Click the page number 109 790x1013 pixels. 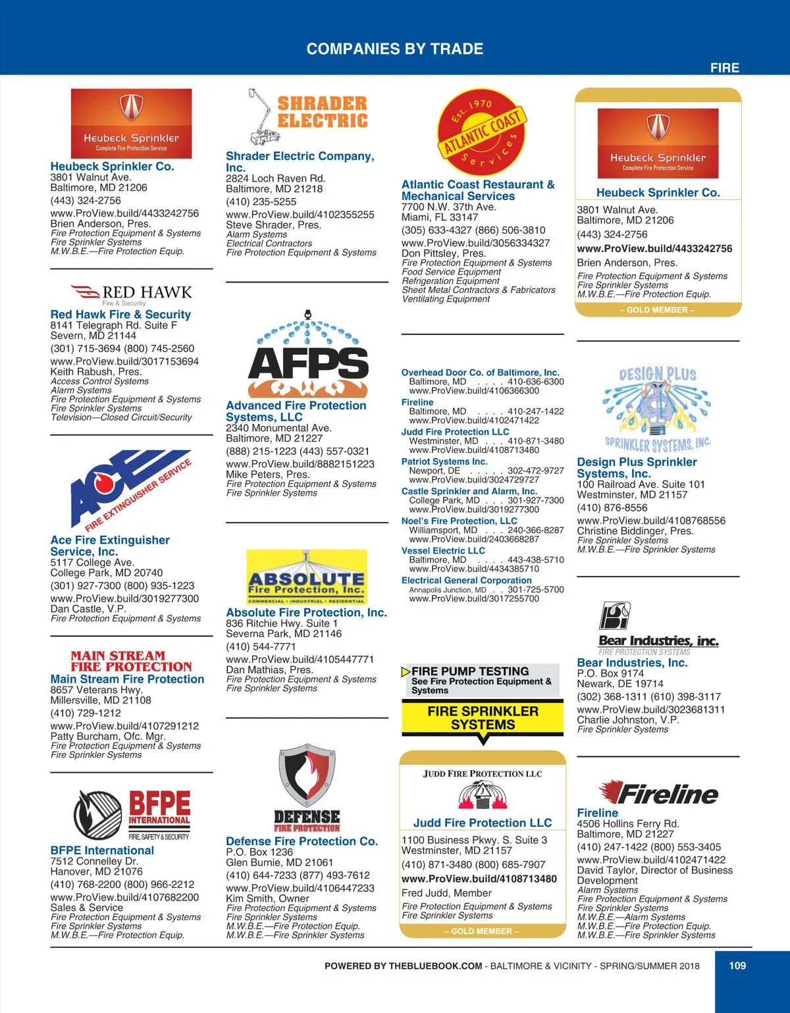[737, 966]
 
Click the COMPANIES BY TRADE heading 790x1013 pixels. [395, 49]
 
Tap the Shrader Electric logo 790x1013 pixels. [307, 117]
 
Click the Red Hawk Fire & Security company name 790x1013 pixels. [120, 315]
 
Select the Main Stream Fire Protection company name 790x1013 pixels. [127, 679]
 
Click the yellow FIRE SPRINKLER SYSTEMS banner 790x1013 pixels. [483, 718]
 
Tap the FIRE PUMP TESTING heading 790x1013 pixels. [470, 671]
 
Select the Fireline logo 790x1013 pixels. [658, 792]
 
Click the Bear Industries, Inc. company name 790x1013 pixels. [632, 663]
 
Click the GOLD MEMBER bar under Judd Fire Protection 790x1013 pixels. [482, 931]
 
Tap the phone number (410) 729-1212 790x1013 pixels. [86, 713]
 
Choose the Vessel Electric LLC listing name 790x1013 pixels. [443, 551]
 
